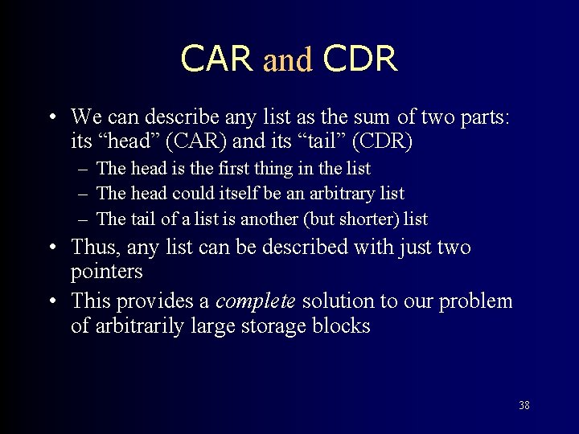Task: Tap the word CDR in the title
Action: [359, 59]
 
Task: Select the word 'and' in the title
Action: [287, 60]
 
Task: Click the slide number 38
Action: [524, 405]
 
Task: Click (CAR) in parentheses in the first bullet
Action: [191, 142]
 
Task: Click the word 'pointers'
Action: [107, 272]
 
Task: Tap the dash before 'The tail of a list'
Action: [84, 219]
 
